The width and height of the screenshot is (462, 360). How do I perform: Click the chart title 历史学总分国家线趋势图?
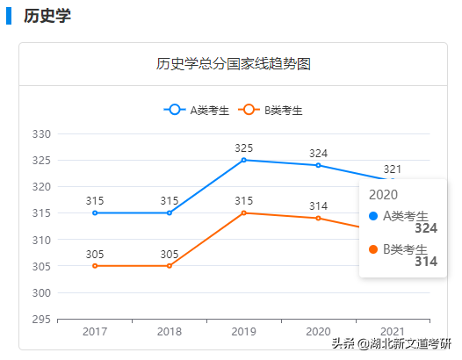235,64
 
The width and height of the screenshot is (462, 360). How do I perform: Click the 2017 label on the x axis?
95,332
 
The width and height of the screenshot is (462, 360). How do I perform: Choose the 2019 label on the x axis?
243,332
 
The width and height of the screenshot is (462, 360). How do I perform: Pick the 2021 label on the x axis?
393,332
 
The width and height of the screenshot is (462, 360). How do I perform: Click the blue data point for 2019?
243,160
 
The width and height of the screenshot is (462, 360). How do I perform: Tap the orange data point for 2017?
95,266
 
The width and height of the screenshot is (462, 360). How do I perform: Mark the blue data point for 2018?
170,212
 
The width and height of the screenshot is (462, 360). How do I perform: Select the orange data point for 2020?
318,218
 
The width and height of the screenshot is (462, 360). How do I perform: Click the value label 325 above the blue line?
243,148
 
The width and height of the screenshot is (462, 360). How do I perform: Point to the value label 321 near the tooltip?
393,169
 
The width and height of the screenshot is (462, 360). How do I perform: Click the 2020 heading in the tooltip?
384,194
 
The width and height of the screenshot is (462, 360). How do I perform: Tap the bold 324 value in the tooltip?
425,228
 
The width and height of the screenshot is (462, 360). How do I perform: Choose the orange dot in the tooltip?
374,249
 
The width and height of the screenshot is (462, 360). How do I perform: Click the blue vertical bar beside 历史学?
9,17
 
